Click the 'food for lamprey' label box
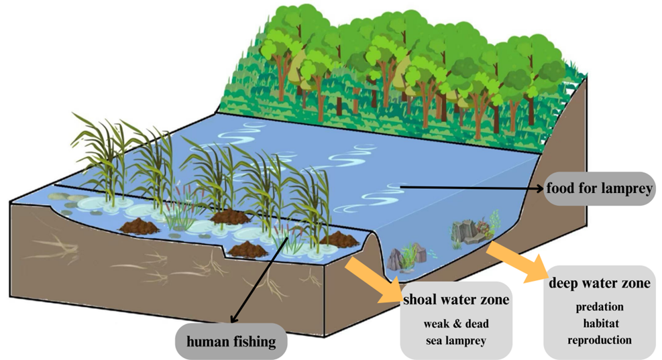tap(599, 188)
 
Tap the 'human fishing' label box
tap(231, 342)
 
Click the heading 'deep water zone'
tap(600, 284)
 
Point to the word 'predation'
tap(600, 307)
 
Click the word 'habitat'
tap(600, 323)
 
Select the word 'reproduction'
tap(600, 339)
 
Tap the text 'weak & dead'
tap(455, 324)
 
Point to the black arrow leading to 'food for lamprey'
tap(470, 187)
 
